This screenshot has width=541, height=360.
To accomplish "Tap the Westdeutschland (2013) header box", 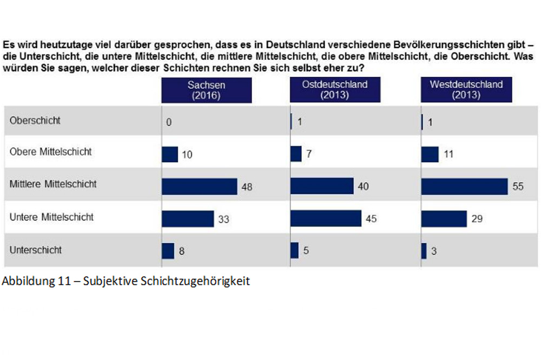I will [x=466, y=90].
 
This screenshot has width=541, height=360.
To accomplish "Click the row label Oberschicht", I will [x=35, y=121].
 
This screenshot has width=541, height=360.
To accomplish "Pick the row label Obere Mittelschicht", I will [x=50, y=152].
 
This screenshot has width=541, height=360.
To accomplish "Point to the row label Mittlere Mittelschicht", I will [x=53, y=184].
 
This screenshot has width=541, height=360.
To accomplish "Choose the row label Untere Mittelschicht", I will [x=51, y=217].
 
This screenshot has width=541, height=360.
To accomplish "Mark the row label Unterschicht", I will [x=36, y=250].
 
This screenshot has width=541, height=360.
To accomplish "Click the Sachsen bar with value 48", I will [x=199, y=186].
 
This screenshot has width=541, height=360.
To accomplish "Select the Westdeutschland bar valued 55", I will [x=464, y=186].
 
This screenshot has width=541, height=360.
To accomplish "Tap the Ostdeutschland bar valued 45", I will [x=326, y=218].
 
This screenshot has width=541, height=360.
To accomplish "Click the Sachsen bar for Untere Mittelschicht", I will [x=188, y=218].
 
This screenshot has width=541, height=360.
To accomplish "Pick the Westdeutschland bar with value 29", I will [x=444, y=218].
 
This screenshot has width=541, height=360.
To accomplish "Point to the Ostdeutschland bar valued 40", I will [x=322, y=186].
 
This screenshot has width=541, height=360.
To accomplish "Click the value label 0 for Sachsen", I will [x=169, y=122].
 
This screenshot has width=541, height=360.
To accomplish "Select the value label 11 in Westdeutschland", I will [x=448, y=155].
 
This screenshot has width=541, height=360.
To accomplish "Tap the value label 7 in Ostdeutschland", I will [x=309, y=155].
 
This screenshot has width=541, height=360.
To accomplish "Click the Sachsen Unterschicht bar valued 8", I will [x=168, y=251].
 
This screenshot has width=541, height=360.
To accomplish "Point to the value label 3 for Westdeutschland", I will [x=434, y=251].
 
